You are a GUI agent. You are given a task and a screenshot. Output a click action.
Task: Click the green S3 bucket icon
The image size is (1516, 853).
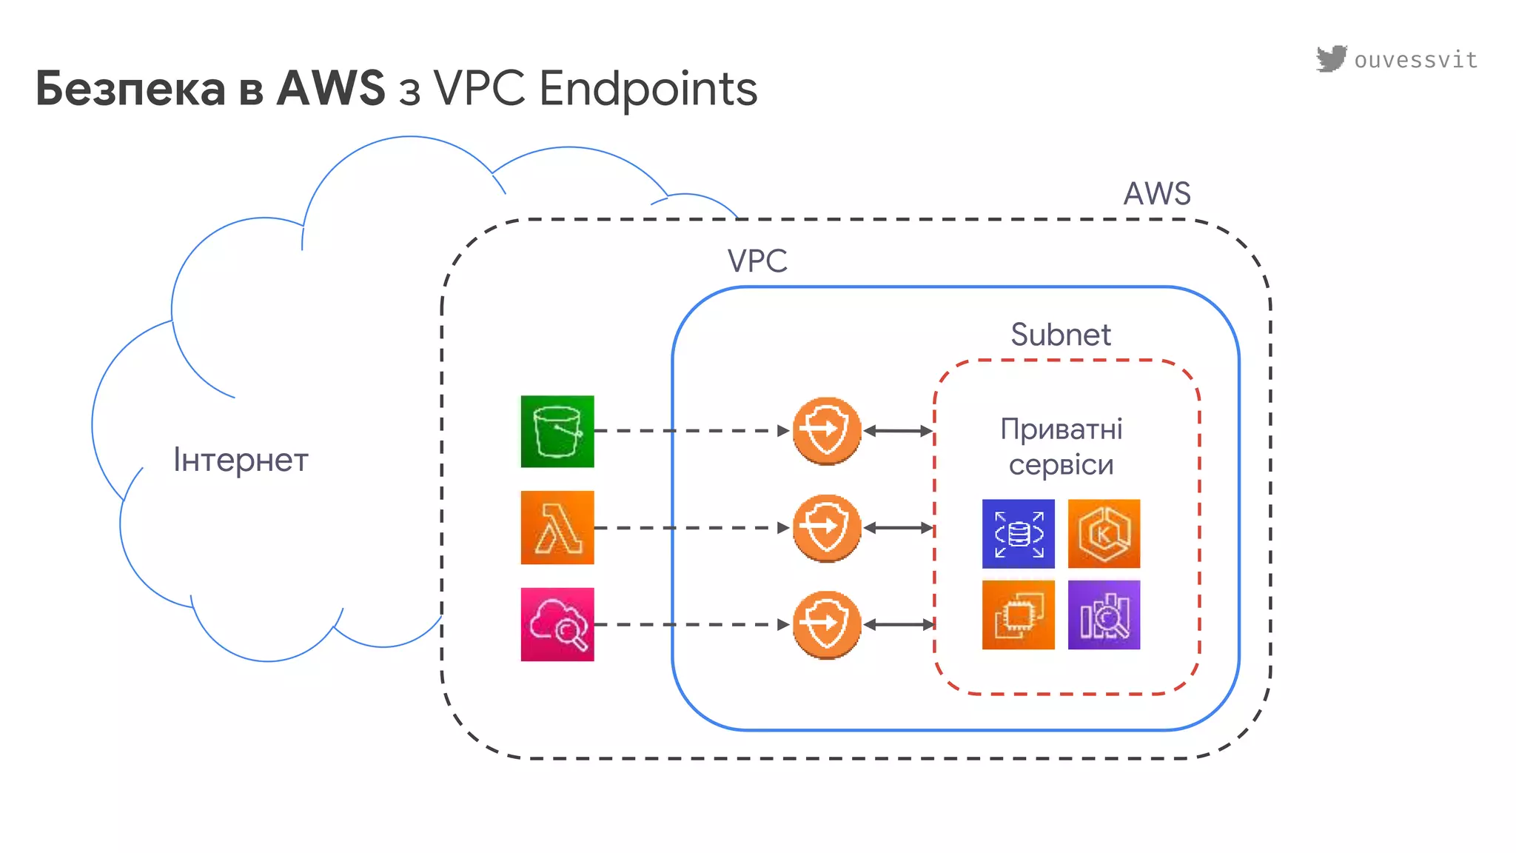[557, 432]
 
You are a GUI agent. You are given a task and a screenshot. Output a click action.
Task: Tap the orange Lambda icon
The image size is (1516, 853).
[557, 528]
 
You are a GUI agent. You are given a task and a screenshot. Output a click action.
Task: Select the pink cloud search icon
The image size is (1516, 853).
[557, 624]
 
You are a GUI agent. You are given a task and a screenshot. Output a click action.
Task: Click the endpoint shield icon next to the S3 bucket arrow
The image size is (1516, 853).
[826, 431]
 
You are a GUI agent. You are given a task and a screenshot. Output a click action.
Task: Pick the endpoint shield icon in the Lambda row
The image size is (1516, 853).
[826, 528]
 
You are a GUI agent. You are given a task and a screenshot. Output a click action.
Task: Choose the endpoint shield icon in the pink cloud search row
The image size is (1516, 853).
[826, 625]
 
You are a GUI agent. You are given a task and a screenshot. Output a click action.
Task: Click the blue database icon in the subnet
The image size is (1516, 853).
[1018, 534]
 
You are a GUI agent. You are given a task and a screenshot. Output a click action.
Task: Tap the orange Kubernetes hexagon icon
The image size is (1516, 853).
[1104, 534]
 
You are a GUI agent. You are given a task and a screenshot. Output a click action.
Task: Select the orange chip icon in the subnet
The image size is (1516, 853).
[1018, 615]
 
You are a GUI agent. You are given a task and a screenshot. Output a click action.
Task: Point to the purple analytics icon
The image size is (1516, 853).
[1104, 615]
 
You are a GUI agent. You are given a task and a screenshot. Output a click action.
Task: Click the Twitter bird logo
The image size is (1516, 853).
[1331, 58]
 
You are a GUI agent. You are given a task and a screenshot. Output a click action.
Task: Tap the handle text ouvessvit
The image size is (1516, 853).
[1415, 60]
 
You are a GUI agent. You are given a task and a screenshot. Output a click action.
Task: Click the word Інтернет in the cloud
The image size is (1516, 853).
[241, 460]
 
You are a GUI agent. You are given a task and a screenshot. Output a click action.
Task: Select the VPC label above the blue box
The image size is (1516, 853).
[757, 261]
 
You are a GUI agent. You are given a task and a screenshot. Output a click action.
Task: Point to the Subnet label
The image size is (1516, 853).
[1060, 335]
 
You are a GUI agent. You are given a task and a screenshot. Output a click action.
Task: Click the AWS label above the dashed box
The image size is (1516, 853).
[1157, 194]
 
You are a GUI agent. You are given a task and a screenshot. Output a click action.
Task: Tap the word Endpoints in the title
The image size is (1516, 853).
[648, 89]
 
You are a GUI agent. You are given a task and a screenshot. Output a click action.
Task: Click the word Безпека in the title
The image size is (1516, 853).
[130, 89]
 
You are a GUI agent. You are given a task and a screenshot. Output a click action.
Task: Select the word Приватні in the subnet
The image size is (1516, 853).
[1061, 429]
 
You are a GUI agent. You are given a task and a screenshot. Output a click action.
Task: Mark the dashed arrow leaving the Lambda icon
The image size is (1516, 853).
[688, 528]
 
